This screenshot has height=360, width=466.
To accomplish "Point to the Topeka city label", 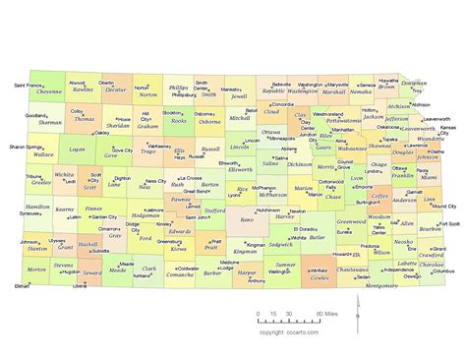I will (390, 140).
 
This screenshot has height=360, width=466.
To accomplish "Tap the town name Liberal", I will (80, 285).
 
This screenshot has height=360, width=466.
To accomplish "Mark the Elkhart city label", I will (21, 285).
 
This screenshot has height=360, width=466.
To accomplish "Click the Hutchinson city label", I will (268, 210).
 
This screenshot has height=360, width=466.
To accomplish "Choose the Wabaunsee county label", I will (353, 149).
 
